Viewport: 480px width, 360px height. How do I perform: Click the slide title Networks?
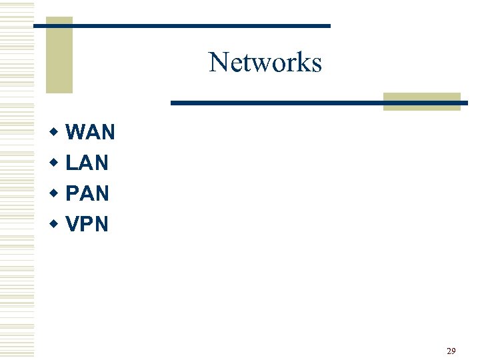coord(265,63)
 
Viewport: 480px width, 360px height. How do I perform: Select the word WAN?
coord(91,133)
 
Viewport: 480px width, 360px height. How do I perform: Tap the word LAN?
coord(87,163)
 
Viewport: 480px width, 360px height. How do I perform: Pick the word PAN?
coord(88,193)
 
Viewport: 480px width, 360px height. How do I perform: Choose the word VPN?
coord(87,224)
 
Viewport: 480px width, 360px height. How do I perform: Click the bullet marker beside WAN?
coord(54,132)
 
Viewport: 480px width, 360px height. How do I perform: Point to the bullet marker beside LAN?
coord(54,163)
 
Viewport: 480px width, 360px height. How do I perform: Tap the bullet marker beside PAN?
coord(54,193)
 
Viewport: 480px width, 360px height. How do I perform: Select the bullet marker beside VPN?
coord(54,224)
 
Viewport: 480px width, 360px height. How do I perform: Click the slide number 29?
coord(451,351)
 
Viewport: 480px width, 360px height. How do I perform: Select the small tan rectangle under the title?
coord(421,101)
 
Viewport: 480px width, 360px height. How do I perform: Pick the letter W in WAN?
coord(76,133)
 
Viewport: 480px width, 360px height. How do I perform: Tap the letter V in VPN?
coord(73,224)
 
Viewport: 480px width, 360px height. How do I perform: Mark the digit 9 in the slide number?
coord(453,351)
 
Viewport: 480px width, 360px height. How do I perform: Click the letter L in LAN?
coord(73,163)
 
